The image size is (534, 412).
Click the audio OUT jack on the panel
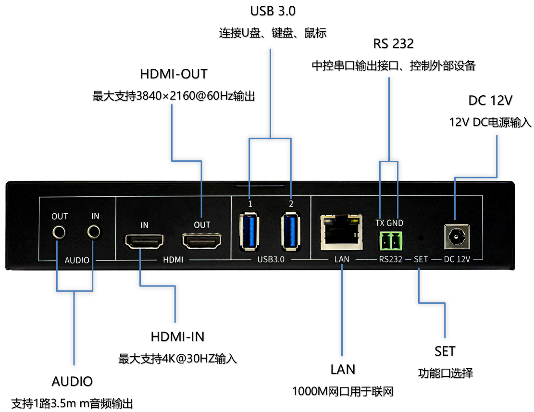pyautogui.click(x=60, y=233)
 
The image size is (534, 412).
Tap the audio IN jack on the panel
pyautogui.click(x=95, y=232)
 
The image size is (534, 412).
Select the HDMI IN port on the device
pyautogui.click(x=144, y=241)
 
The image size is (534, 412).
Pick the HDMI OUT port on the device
pyautogui.click(x=201, y=241)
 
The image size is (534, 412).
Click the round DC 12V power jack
pyautogui.click(x=456, y=236)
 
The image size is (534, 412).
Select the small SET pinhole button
pyautogui.click(x=421, y=237)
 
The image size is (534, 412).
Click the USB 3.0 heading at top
pyautogui.click(x=273, y=11)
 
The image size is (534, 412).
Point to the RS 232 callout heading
pyautogui.click(x=393, y=44)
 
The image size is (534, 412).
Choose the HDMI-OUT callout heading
pyautogui.click(x=174, y=74)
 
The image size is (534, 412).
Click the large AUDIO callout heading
pyautogui.click(x=72, y=382)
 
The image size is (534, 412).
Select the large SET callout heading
pyautogui.click(x=445, y=351)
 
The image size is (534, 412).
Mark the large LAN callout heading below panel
pyautogui.click(x=343, y=370)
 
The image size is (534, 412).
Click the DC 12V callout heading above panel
pyautogui.click(x=490, y=101)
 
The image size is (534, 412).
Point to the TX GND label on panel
pyautogui.click(x=389, y=223)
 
